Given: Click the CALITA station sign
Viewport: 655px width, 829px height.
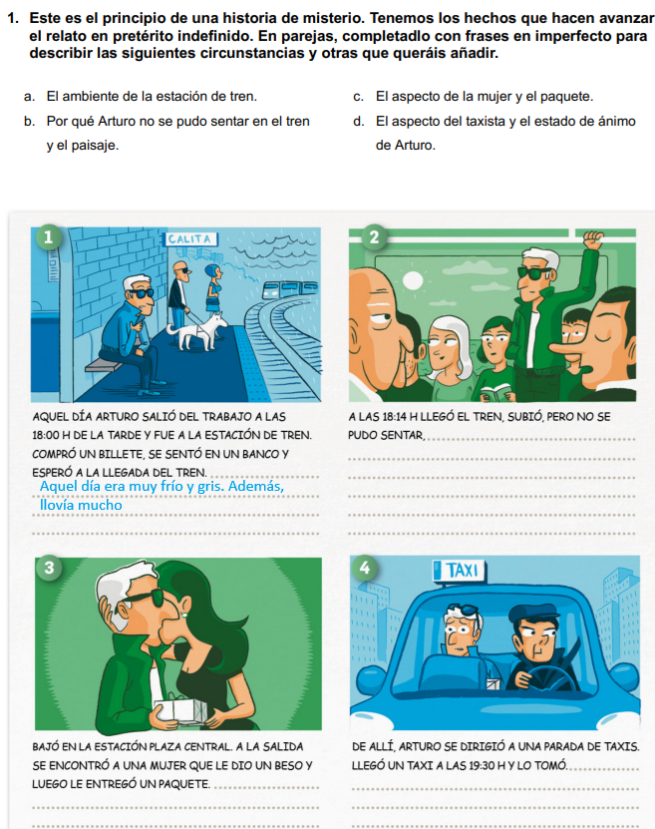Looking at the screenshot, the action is (x=190, y=239).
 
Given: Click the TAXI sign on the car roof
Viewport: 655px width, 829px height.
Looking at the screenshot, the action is (x=459, y=571).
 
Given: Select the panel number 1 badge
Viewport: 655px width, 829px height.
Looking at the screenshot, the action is (x=49, y=236).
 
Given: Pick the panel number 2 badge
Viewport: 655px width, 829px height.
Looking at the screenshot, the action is (x=374, y=236).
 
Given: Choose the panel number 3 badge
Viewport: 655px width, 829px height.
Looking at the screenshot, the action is (x=49, y=568).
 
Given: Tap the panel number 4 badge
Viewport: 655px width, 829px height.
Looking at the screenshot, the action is (x=365, y=568).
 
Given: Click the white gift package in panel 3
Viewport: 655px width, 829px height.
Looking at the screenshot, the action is (x=179, y=709).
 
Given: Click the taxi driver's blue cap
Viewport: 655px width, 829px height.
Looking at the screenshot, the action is (x=533, y=615).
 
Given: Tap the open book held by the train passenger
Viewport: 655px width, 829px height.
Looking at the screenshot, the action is (x=495, y=393).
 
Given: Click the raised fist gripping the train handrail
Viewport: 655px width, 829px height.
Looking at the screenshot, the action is (x=592, y=239).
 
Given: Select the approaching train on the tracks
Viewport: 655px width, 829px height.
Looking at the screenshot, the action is (x=289, y=288).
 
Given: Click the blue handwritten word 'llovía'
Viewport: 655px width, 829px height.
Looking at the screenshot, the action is (x=58, y=506).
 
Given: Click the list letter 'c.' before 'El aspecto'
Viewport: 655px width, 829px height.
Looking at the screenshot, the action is (x=359, y=97).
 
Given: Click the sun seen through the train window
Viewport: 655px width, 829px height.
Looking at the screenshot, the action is (x=413, y=280).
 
